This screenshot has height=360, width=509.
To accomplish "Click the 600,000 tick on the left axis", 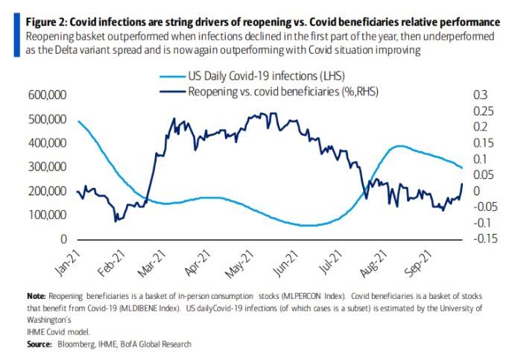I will tap(46, 95).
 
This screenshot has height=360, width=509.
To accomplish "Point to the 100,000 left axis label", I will tap(46, 215).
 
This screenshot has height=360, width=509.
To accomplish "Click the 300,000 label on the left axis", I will tap(46, 167).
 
